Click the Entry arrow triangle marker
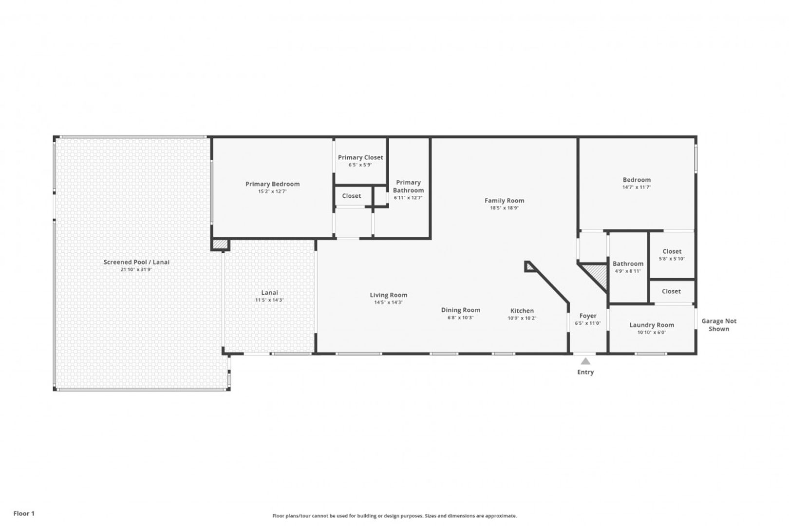585,361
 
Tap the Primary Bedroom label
272,184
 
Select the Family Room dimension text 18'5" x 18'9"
504,208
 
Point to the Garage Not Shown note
719,325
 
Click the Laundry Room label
652,325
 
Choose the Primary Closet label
360,157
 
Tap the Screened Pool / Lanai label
136,262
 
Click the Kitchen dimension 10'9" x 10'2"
522,318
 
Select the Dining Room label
460,310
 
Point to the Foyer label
588,316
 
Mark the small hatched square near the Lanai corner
220,244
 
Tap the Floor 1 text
24,513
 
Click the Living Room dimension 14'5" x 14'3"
388,302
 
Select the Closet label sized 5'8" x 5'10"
672,251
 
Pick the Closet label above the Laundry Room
671,291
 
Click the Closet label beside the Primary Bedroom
351,196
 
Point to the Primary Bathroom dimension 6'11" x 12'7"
408,198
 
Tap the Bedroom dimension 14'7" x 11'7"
637,187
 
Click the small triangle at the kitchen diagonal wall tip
529,266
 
